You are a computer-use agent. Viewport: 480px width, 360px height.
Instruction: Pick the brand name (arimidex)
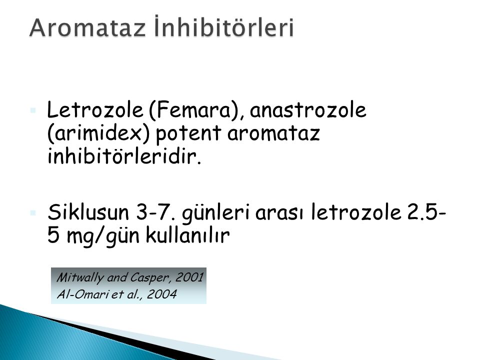[x=98, y=133]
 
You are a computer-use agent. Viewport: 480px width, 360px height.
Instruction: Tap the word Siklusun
[x=88, y=212]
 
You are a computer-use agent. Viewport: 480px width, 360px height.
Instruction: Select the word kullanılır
[x=187, y=235]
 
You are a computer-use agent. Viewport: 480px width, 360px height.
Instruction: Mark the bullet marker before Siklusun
[x=33, y=212]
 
